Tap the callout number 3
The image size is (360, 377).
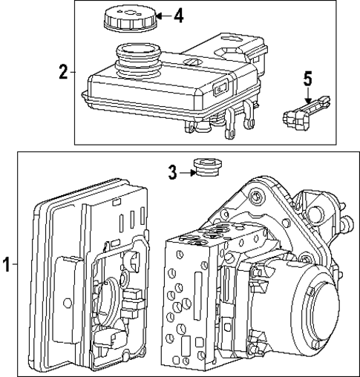(172, 172)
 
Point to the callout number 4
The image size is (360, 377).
(178, 15)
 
